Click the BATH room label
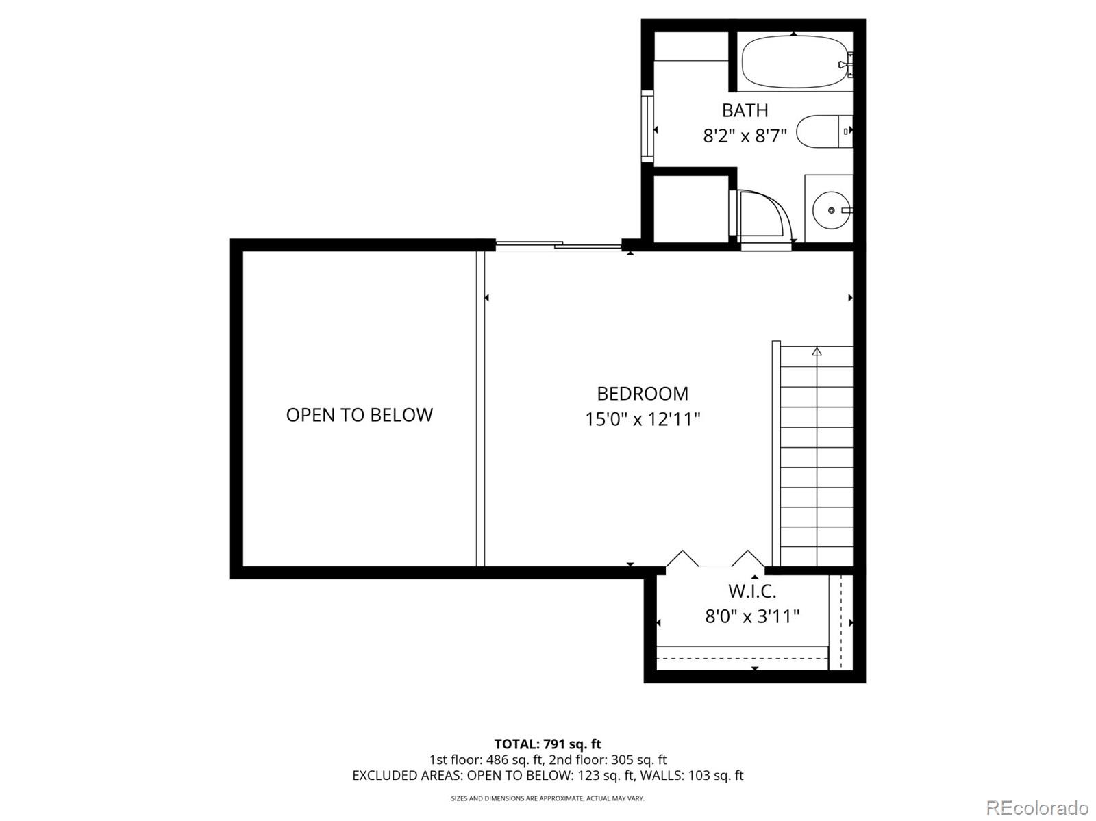[745, 110]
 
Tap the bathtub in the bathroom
[795, 62]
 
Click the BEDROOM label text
[642, 394]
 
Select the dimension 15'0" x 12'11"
[642, 419]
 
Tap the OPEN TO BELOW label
[359, 415]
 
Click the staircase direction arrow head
[817, 352]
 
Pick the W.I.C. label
[751, 591]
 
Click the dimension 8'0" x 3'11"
[752, 617]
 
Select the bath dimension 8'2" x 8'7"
[745, 136]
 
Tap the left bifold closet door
[682, 559]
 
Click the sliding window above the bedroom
[558, 244]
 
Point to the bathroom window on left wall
[647, 127]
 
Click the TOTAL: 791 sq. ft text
[547, 744]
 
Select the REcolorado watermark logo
[1036, 807]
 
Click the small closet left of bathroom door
[690, 208]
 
